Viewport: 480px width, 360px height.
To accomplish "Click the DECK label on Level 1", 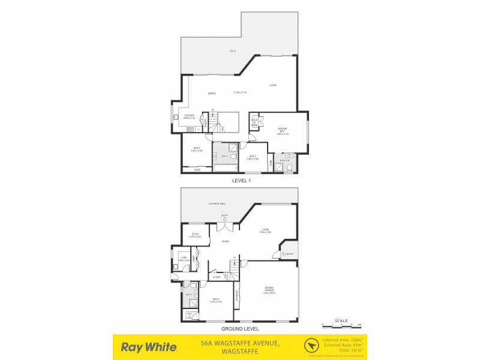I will tap(232, 51).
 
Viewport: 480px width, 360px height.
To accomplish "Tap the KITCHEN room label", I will tap(190, 116).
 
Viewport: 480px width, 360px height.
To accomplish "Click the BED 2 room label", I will tap(196, 149).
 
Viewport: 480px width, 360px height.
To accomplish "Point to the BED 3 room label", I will tap(253, 157).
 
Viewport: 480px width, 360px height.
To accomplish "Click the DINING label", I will tap(212, 93).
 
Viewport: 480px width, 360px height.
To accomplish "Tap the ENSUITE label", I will tap(286, 160).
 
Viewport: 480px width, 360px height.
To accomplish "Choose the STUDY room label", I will tap(195, 235).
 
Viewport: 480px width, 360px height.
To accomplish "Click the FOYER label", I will tap(225, 242).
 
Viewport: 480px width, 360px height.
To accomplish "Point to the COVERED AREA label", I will tap(217, 204).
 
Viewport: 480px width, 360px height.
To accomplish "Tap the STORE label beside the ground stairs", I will tap(216, 277).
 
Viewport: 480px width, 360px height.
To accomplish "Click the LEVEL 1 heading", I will tap(241, 180).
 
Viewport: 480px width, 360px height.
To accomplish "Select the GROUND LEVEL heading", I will tap(240, 329).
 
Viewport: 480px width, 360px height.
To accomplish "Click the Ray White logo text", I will tap(149, 347).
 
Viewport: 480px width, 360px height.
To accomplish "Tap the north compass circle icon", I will tap(311, 346).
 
